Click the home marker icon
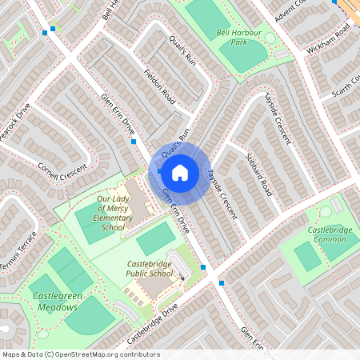[179, 171]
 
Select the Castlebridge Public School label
[150, 269]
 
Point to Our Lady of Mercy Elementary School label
[113, 213]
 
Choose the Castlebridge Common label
[330, 234]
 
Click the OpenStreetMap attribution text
[82, 354]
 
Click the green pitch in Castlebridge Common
[307, 257]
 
